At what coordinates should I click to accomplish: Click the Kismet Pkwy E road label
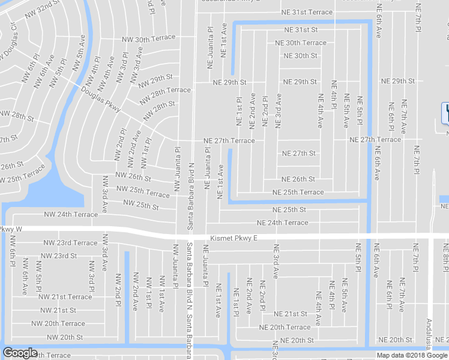[234, 238]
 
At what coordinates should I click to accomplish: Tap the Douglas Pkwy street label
[101, 99]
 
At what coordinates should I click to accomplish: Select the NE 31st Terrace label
[306, 13]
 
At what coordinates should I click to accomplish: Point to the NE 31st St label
[301, 29]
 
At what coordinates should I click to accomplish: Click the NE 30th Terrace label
[301, 43]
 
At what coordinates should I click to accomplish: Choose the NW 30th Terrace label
[147, 40]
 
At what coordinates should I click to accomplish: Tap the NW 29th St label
[153, 79]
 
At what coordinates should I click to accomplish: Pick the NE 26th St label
[298, 179]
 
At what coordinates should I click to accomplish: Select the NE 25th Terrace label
[298, 192]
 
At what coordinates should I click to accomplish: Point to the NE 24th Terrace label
[282, 223]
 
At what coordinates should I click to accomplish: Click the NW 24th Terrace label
[71, 214]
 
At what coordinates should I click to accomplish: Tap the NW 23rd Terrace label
[70, 243]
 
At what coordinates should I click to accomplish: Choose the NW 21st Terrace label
[65, 296]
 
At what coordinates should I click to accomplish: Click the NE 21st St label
[291, 314]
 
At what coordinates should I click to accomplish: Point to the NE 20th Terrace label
[285, 327]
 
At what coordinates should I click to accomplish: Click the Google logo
[20, 353]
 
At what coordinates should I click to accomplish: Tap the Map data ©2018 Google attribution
[411, 355]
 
